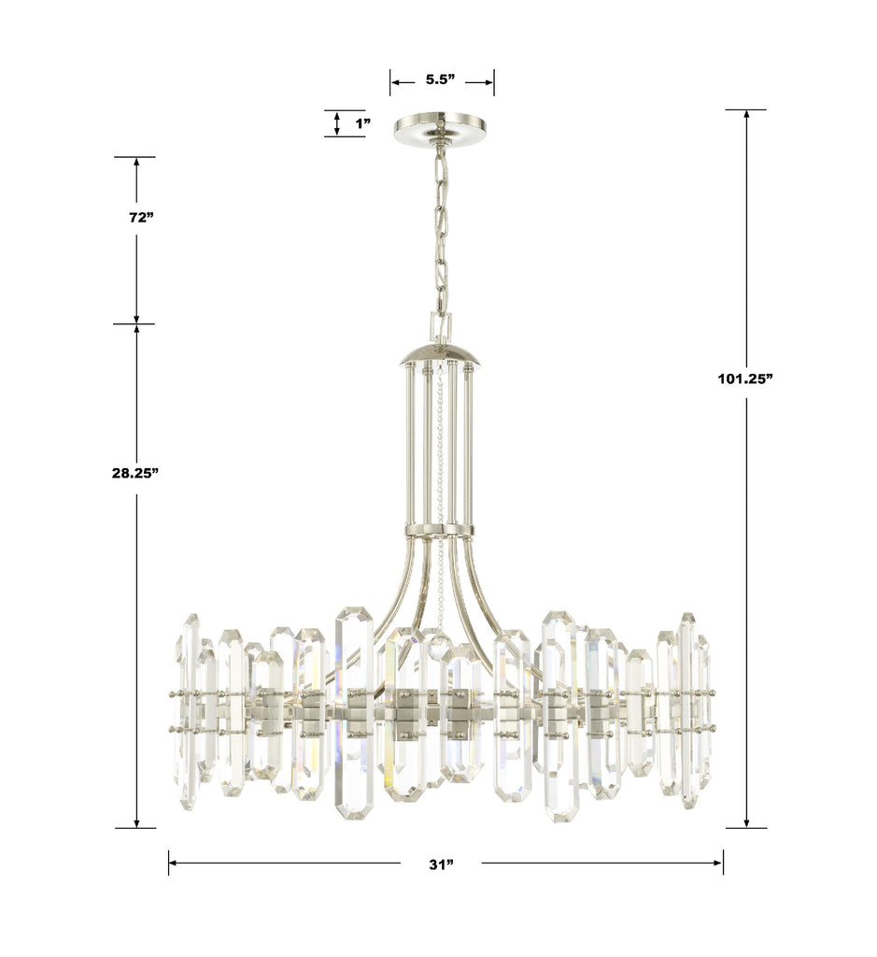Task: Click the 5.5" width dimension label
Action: (x=440, y=80)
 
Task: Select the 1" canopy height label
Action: (x=362, y=123)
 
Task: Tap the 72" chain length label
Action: (x=140, y=218)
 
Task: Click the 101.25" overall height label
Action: (x=745, y=379)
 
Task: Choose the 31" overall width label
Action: (x=441, y=864)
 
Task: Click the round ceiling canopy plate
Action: (x=440, y=131)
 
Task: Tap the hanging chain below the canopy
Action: (x=440, y=234)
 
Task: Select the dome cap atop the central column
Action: (x=440, y=356)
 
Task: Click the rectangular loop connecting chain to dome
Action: (x=440, y=327)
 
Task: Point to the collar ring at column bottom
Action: (x=439, y=531)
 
